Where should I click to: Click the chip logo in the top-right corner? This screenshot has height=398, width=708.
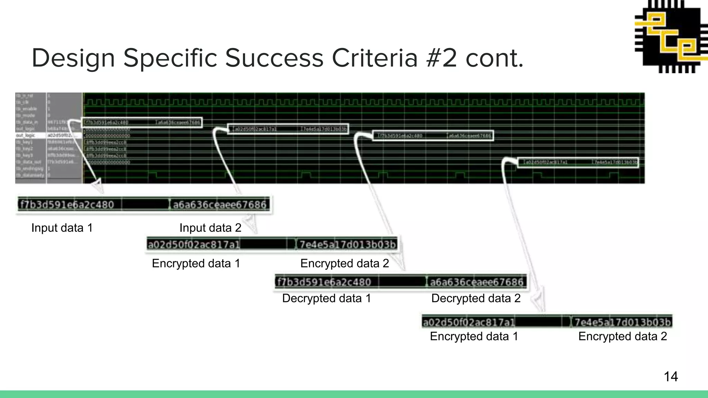[x=671, y=36]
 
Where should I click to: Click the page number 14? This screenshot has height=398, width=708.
[x=671, y=377]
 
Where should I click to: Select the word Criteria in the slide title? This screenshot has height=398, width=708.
[x=375, y=58]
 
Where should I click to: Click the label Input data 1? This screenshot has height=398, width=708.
[x=62, y=228]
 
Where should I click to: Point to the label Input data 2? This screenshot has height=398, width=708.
[x=210, y=228]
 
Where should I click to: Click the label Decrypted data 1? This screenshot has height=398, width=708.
[x=326, y=298]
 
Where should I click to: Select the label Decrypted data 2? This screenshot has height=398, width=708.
[x=476, y=298]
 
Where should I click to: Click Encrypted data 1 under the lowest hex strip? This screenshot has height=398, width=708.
[x=474, y=336]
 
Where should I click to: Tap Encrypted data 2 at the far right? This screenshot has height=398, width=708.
[x=622, y=336]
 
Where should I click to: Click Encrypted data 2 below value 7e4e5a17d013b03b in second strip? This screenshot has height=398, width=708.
[x=345, y=264]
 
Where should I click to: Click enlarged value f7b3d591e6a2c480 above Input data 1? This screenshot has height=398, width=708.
[x=67, y=205]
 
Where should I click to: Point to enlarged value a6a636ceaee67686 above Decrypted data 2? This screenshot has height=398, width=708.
[x=476, y=282]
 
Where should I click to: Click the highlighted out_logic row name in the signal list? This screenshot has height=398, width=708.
[x=26, y=135]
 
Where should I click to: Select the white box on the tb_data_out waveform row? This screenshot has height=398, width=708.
[x=578, y=162]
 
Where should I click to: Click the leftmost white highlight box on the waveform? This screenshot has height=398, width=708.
[x=142, y=123]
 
